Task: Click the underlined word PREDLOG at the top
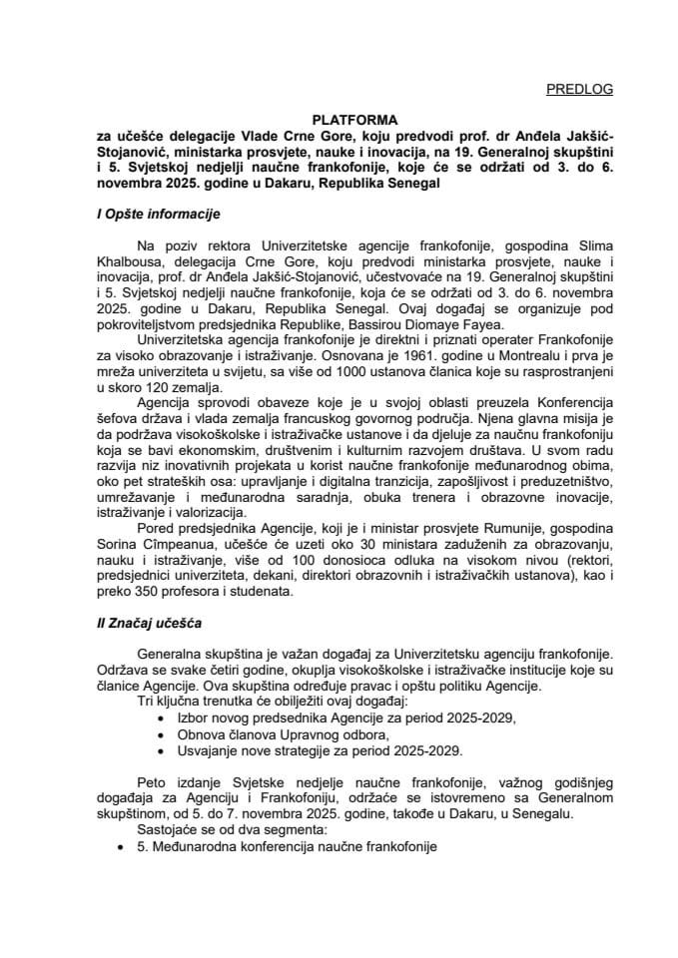click(x=580, y=89)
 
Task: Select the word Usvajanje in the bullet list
click(x=207, y=750)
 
